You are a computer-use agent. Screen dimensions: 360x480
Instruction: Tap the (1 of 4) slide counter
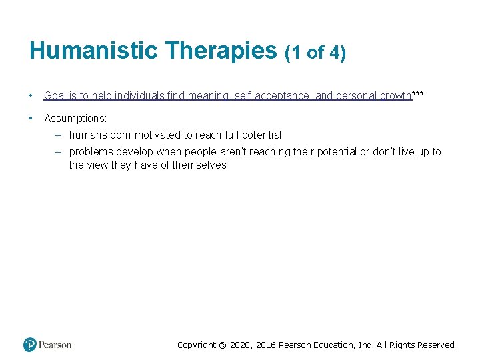pos(315,53)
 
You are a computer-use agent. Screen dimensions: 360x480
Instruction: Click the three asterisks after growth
pos(418,95)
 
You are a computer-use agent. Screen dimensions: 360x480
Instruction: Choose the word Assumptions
pos(75,118)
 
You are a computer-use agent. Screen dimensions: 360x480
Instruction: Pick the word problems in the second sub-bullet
pos(90,152)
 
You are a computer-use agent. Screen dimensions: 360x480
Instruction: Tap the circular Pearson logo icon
pos(30,345)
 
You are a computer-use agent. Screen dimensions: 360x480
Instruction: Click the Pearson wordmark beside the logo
pos(55,345)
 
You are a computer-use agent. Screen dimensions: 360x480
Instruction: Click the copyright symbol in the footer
pos(223,345)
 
